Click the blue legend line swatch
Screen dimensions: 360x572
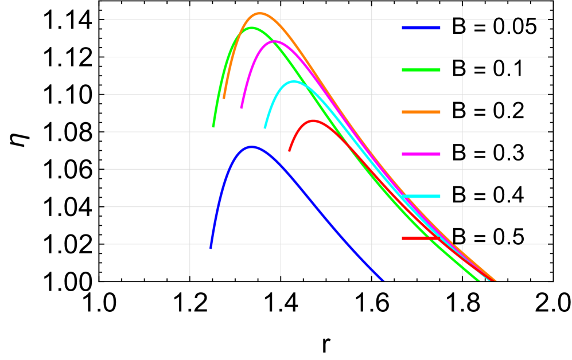(x=421, y=28)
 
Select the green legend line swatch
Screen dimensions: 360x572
(x=421, y=70)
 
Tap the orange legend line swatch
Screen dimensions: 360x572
(x=421, y=112)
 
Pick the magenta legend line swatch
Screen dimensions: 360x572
(x=421, y=154)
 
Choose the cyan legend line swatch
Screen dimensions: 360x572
(x=421, y=196)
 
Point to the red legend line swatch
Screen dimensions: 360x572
(x=421, y=238)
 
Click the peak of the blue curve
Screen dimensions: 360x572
(x=252, y=147)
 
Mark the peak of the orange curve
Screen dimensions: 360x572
(x=259, y=13)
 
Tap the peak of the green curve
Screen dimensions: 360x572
(x=251, y=28)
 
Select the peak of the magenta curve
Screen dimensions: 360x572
(x=274, y=41)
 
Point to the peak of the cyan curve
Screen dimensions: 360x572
(x=294, y=81)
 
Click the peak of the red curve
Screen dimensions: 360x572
(x=313, y=120)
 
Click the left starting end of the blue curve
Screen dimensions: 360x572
(x=211, y=248)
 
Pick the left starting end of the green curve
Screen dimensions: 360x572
(x=213, y=127)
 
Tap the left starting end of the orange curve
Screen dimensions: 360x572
(x=224, y=99)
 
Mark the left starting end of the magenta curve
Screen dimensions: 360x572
(x=241, y=108)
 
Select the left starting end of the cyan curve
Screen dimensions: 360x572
(x=264, y=128)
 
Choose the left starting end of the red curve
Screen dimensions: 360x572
(x=289, y=151)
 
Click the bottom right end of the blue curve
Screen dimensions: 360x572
(x=383, y=281)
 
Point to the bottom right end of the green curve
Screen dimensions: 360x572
(x=479, y=281)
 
